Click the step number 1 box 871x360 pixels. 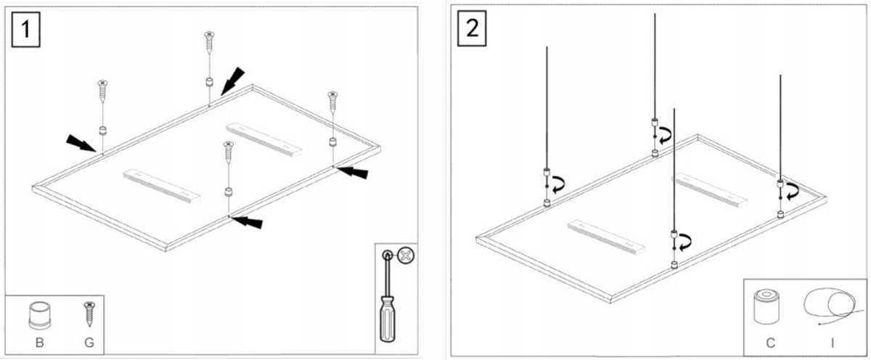click(25, 30)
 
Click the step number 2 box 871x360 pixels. click(472, 28)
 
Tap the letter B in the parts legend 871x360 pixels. click(40, 343)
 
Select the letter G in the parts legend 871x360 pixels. click(89, 343)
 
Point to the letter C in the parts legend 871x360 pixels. click(770, 343)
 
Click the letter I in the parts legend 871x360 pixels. click(832, 343)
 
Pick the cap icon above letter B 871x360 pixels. click(40, 315)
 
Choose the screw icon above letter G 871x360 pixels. click(89, 314)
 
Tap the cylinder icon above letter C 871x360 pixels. click(766, 307)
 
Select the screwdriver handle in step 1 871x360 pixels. click(388, 319)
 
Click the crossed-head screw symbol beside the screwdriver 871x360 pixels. click(406, 255)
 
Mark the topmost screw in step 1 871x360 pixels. click(209, 42)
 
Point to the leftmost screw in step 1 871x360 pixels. click(102, 91)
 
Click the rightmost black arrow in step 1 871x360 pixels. click(352, 172)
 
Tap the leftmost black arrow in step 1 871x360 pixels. click(81, 143)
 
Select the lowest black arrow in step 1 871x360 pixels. click(248, 222)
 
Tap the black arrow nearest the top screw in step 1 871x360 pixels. click(232, 81)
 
